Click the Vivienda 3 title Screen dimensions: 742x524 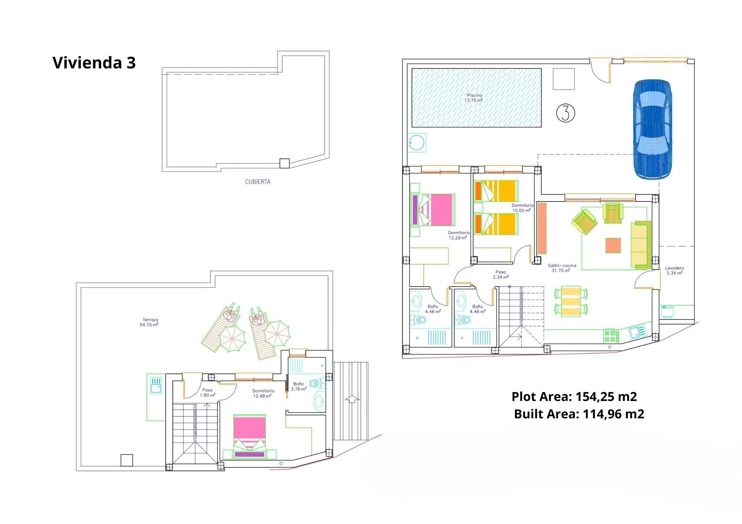click(94, 63)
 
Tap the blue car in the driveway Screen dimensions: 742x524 click(652, 129)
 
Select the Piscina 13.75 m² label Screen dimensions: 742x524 click(474, 98)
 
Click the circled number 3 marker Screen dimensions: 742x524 click(565, 113)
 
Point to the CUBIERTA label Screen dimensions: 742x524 click(258, 182)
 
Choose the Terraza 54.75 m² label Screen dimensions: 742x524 click(149, 322)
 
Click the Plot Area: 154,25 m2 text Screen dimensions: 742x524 click(574, 397)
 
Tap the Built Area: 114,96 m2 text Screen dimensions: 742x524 click(579, 414)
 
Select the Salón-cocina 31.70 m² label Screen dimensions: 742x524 click(562, 268)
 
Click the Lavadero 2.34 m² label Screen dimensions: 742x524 click(674, 271)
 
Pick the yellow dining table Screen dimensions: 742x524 click(571, 301)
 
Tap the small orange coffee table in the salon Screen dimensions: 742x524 click(613, 245)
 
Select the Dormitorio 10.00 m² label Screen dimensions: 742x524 click(522, 208)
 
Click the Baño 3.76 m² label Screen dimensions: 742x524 click(299, 386)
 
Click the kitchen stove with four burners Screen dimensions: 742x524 click(611, 335)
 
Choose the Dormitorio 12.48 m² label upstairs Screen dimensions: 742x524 click(263, 393)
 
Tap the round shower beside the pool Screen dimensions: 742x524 click(417, 142)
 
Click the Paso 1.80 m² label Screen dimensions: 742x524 click(207, 393)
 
